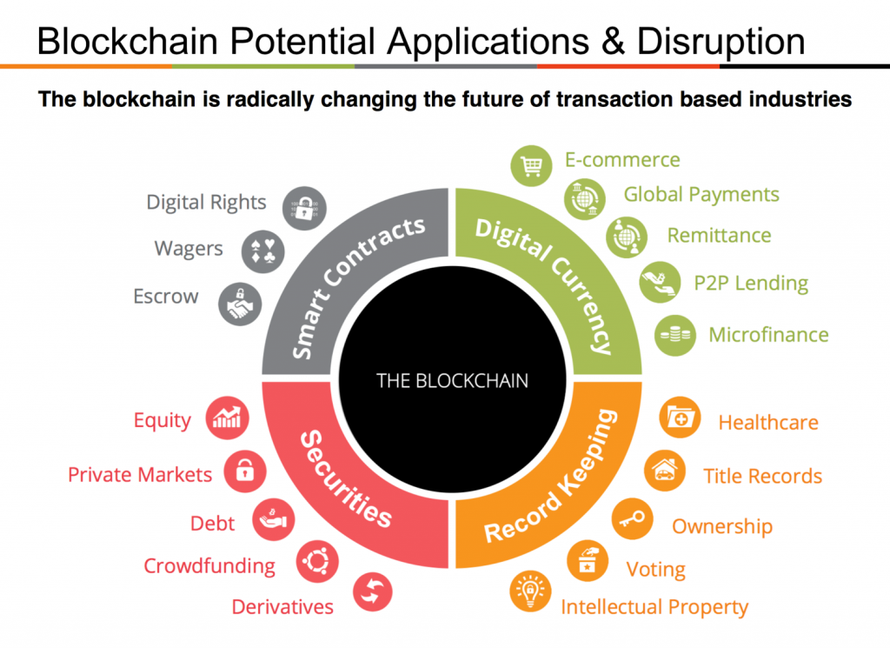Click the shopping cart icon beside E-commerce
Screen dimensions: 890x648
(x=531, y=166)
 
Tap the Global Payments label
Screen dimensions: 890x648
(x=701, y=195)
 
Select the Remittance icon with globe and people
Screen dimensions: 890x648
(x=627, y=237)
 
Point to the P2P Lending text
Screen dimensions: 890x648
(x=751, y=283)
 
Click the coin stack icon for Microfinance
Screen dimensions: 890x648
(x=674, y=335)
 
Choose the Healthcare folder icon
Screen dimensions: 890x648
(x=680, y=418)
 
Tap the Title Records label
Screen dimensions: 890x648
(x=762, y=476)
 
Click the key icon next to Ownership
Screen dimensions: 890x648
(x=633, y=519)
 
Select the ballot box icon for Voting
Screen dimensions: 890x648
(x=588, y=561)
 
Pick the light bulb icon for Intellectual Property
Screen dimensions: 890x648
(x=530, y=591)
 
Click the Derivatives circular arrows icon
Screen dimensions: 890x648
(x=372, y=591)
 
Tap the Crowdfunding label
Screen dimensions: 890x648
(x=209, y=566)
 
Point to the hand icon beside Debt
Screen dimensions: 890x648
(x=274, y=519)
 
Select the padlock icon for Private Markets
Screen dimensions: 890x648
(x=244, y=471)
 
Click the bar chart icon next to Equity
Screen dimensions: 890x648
(x=227, y=418)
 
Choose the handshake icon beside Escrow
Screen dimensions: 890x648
(x=240, y=304)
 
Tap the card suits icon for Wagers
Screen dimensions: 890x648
(x=262, y=251)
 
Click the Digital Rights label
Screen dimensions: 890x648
(x=206, y=203)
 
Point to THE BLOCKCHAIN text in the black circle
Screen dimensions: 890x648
(x=452, y=380)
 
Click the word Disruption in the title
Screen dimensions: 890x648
(x=721, y=42)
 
